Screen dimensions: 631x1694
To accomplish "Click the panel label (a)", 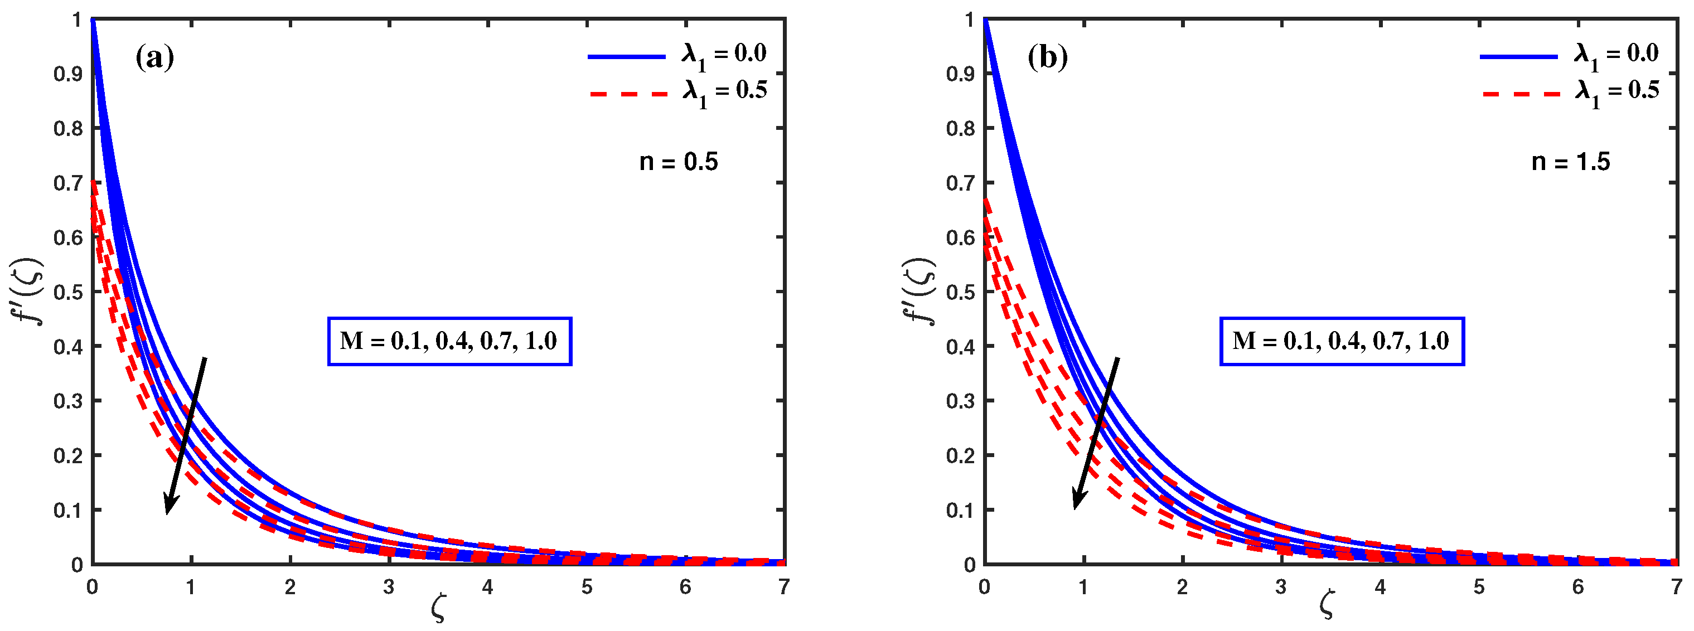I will click(x=154, y=59).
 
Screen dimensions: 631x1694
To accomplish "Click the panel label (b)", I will click(x=1047, y=59).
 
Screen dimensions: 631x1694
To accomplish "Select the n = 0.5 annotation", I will click(x=678, y=162).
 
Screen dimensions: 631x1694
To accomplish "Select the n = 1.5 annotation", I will click(x=1570, y=162).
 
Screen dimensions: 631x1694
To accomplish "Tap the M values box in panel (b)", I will click(x=1342, y=341).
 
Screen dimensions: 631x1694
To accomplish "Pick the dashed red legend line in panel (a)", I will click(x=628, y=95).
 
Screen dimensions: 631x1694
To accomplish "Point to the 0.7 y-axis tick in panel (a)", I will click(x=67, y=183).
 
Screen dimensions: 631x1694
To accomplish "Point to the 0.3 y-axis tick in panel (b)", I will click(x=960, y=401).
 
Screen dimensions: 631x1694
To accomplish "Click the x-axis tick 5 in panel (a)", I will click(x=586, y=587).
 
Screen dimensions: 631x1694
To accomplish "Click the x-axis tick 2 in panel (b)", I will click(x=1182, y=587).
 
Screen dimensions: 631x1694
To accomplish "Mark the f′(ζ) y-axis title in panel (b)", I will click(x=920, y=291).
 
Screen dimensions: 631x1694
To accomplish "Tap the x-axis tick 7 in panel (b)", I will click(x=1676, y=587).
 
